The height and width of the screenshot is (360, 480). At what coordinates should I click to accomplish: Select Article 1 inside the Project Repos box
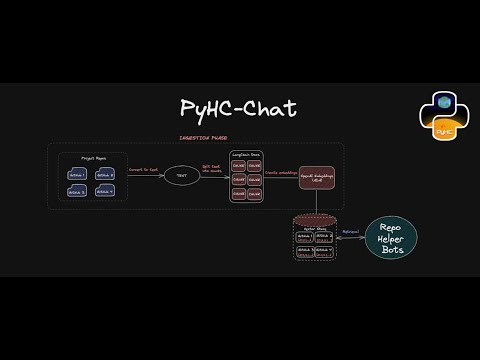click(x=78, y=174)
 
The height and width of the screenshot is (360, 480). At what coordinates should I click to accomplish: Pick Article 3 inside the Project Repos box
click(x=78, y=191)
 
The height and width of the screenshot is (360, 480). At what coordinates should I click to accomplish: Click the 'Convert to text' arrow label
click(x=144, y=172)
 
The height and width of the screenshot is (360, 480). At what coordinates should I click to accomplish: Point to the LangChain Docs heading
click(x=247, y=155)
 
